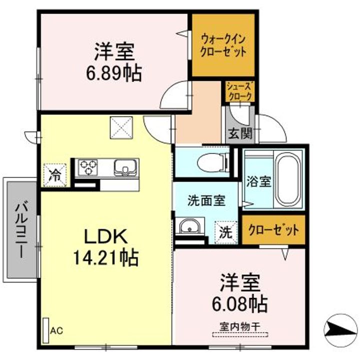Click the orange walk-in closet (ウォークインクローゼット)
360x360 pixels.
point(223,45)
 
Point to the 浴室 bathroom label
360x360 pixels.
point(258,180)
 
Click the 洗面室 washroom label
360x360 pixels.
point(205,201)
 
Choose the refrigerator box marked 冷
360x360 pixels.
point(56,175)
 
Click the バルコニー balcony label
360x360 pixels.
point(21,229)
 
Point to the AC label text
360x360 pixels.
point(57,330)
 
